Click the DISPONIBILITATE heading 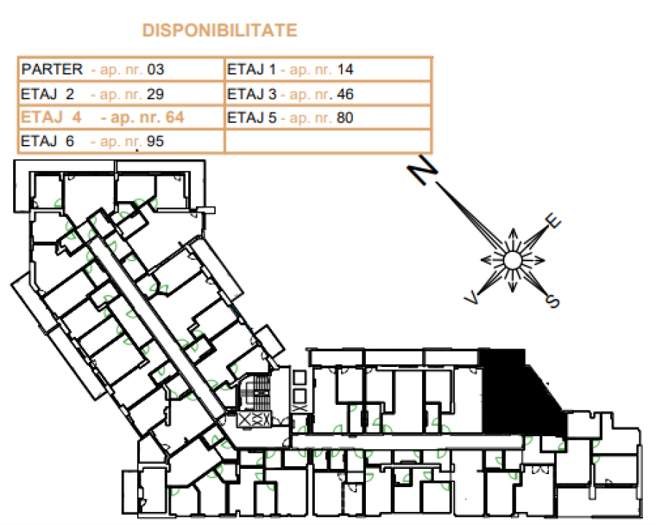pos(219,31)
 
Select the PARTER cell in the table pos(52,69)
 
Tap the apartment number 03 pos(156,69)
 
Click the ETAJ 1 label pos(251,69)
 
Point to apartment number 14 pos(345,69)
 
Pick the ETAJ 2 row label pos(47,94)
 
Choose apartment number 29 pos(155,94)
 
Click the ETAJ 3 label pos(252,94)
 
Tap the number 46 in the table pos(345,94)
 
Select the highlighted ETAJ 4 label pos(51,117)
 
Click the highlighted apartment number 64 pos(175,117)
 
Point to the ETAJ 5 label pos(252,117)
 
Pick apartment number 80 pos(345,117)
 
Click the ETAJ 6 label pos(47,141)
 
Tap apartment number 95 pos(155,141)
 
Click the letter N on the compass pos(423,169)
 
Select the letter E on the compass pos(552,221)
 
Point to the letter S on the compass pos(552,301)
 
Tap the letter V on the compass pos(472,298)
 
